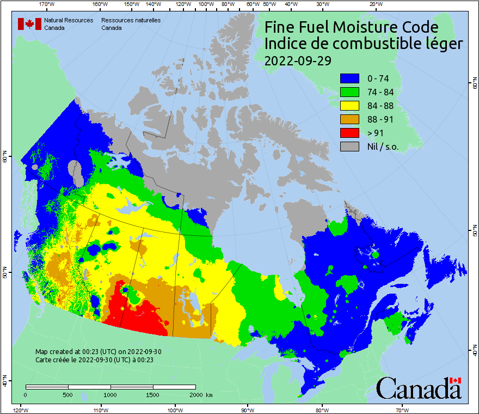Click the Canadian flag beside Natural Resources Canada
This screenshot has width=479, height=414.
pos(29,24)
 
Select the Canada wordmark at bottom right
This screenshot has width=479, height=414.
pos(419,388)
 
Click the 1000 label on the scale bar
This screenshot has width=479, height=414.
pos(110,394)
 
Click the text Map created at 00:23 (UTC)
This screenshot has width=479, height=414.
pos(98,352)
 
